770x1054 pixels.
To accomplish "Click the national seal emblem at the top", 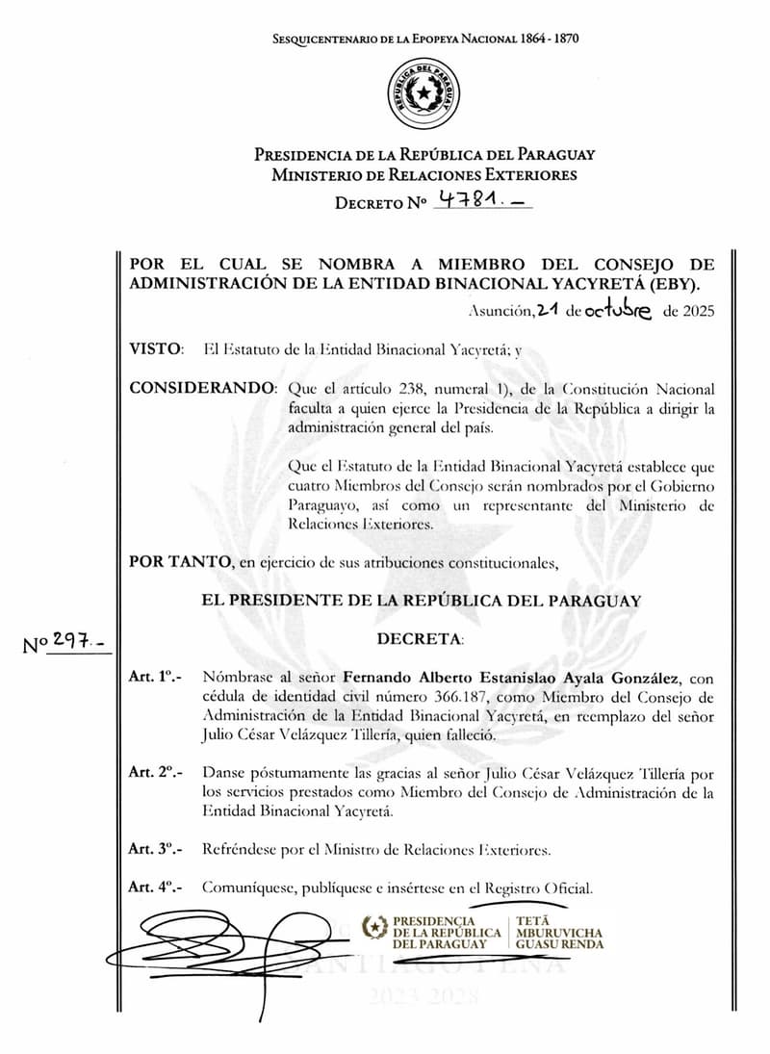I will pyautogui.click(x=424, y=93).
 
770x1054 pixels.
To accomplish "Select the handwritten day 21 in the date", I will pyautogui.click(x=549, y=309).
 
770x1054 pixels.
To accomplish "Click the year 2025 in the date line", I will pyautogui.click(x=694, y=311).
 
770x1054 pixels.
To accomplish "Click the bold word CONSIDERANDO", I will pyautogui.click(x=200, y=389).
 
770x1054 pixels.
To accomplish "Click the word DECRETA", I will pyautogui.click(x=420, y=639).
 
